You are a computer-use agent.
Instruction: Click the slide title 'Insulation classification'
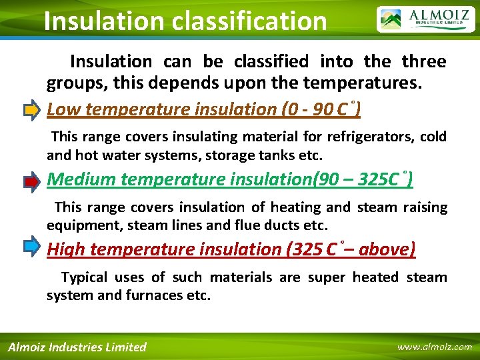pos(185,21)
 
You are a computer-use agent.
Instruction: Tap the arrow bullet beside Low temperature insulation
pos(31,109)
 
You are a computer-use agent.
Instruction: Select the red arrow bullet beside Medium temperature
pos(31,180)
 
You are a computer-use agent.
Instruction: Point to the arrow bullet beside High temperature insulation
pos(31,248)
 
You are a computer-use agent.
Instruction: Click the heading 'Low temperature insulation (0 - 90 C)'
pos(204,109)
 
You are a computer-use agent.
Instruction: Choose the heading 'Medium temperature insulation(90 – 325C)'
pos(231,179)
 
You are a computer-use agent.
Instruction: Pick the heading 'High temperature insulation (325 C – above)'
pos(231,249)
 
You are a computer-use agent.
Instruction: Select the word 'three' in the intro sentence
pos(423,61)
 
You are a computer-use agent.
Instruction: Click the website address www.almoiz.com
pos(434,347)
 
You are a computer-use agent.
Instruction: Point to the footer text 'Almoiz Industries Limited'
pos(77,347)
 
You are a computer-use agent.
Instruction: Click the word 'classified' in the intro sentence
pos(271,61)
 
